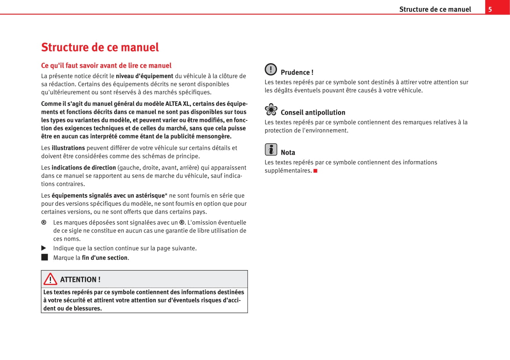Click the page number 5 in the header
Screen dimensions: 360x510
(490, 10)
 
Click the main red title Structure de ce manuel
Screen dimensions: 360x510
(100, 47)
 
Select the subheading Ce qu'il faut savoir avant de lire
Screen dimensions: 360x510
(106, 66)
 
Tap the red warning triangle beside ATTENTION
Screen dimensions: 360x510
(50, 279)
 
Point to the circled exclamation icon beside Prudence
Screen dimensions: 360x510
(271, 69)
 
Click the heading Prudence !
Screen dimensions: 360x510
(297, 72)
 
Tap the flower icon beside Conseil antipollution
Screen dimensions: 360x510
(271, 110)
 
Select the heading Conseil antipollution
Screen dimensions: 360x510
(313, 112)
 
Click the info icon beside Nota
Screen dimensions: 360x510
(271, 149)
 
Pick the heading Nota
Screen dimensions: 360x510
(288, 152)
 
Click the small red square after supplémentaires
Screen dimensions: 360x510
(315, 171)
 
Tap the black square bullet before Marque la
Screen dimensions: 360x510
(45, 257)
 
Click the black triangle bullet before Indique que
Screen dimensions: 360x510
(44, 248)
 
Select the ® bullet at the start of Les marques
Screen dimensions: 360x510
(44, 222)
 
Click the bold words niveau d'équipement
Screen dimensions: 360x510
(144, 76)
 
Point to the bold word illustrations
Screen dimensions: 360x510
(68, 148)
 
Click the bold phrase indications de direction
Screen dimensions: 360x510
(83, 168)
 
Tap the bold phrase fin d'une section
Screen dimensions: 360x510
(105, 258)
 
